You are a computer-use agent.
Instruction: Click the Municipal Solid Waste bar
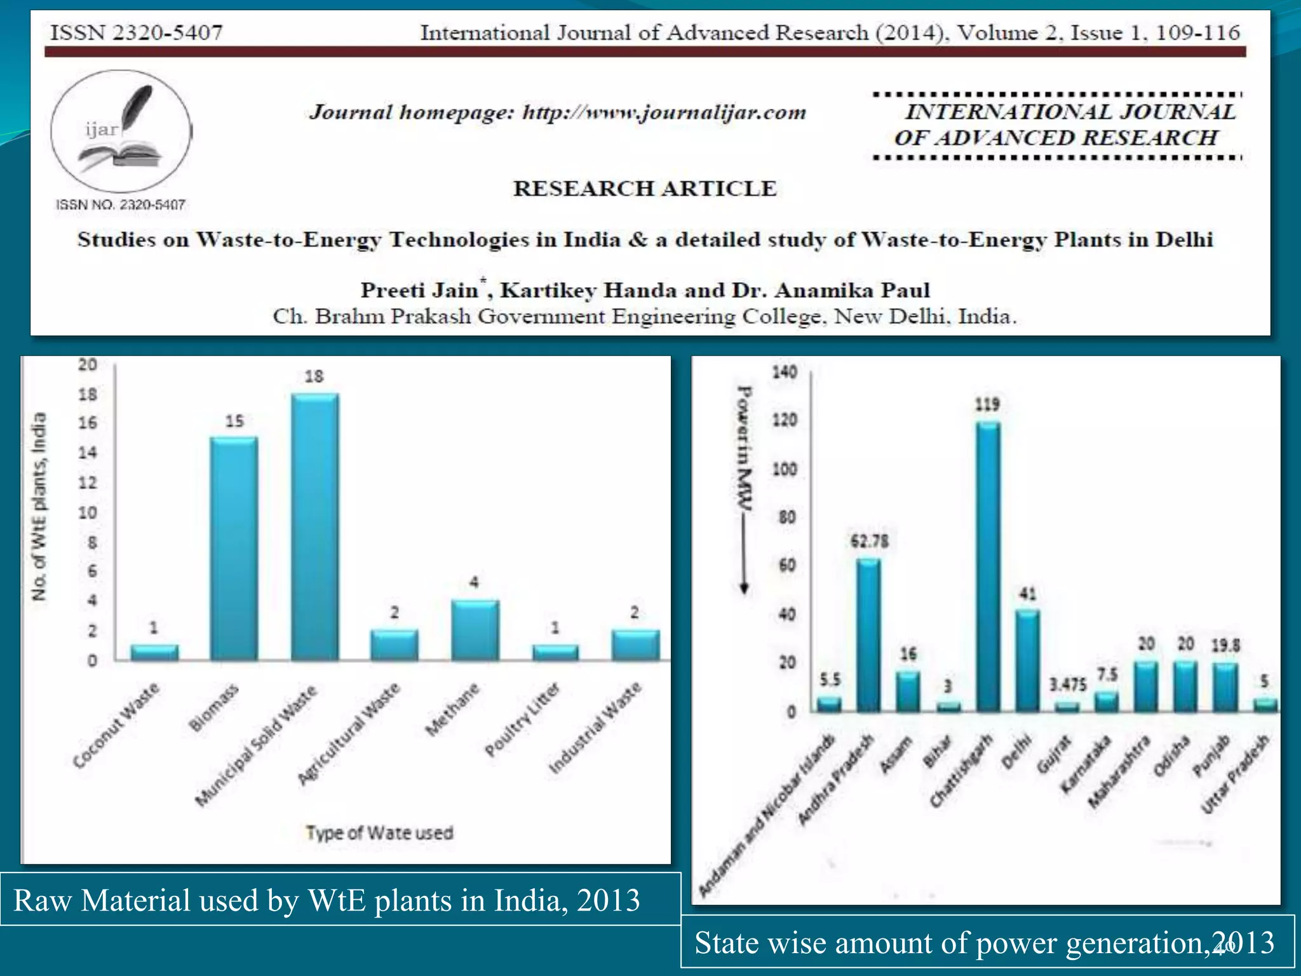click(x=315, y=527)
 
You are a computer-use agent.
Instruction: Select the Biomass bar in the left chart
click(x=234, y=549)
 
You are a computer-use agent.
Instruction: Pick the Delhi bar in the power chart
click(x=1027, y=661)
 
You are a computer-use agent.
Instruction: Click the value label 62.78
click(x=869, y=541)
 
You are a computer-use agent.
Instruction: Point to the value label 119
click(x=987, y=405)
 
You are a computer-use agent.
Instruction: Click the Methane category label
click(x=452, y=710)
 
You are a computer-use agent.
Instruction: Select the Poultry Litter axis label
click(x=522, y=720)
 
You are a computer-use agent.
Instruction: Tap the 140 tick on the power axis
click(x=785, y=372)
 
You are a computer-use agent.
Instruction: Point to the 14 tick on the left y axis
click(x=88, y=453)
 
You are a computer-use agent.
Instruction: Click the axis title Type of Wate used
click(x=380, y=833)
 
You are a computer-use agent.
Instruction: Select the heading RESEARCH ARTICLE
click(x=645, y=189)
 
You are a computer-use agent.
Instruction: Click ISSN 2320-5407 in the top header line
click(x=137, y=32)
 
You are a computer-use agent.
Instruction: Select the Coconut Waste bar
click(x=154, y=653)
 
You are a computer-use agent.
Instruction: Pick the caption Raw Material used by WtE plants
click(x=327, y=900)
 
